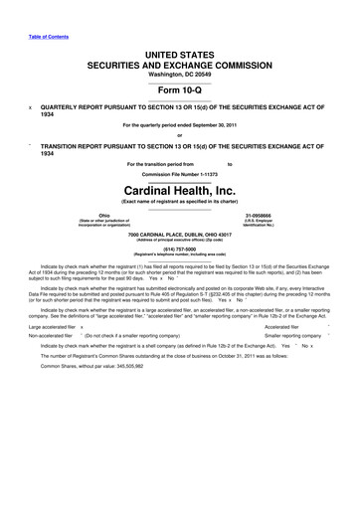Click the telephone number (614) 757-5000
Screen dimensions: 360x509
pyautogui.click(x=179, y=251)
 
